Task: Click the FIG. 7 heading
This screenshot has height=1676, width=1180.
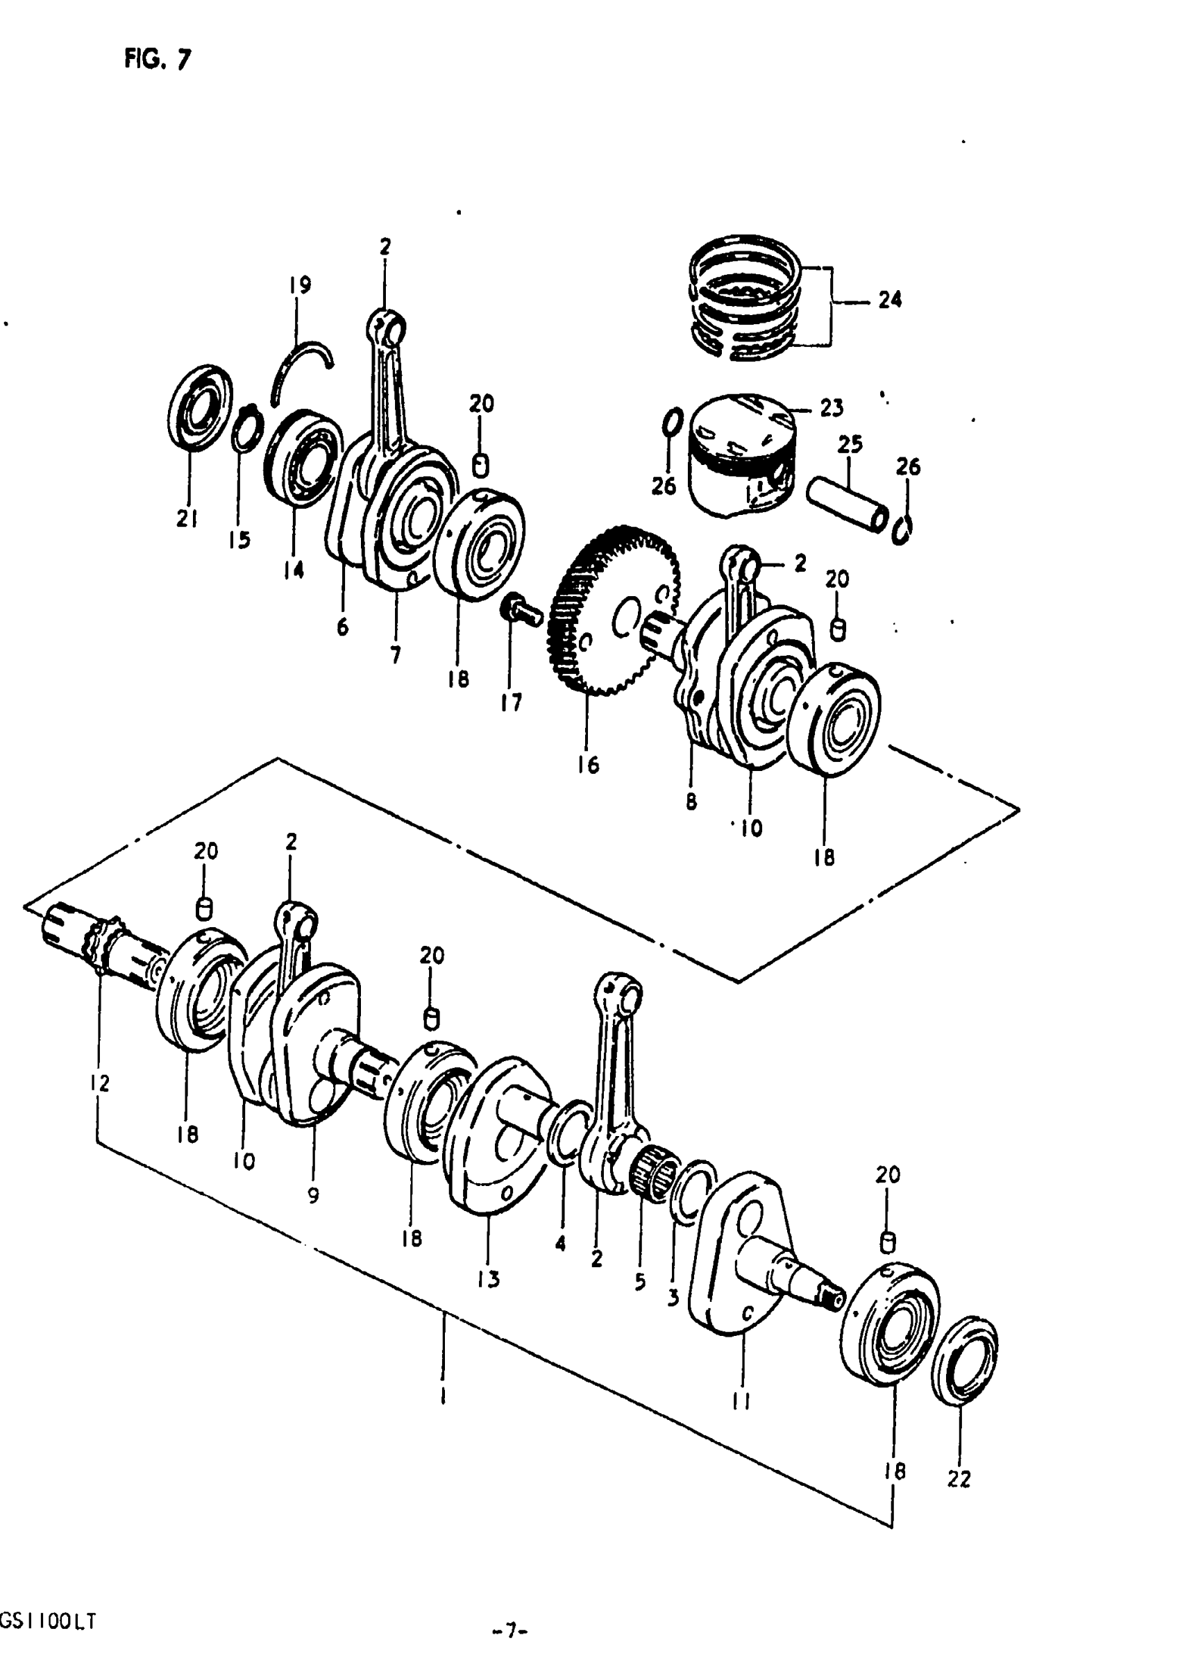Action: pyautogui.click(x=157, y=58)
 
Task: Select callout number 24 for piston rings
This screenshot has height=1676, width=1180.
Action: pyautogui.click(x=889, y=299)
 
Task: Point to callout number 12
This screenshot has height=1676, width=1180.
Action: pyautogui.click(x=99, y=1083)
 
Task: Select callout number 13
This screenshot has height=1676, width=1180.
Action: pyautogui.click(x=489, y=1279)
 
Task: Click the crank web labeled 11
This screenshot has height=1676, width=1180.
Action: pyautogui.click(x=737, y=1255)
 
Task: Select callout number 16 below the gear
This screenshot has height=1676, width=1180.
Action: pyautogui.click(x=588, y=765)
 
